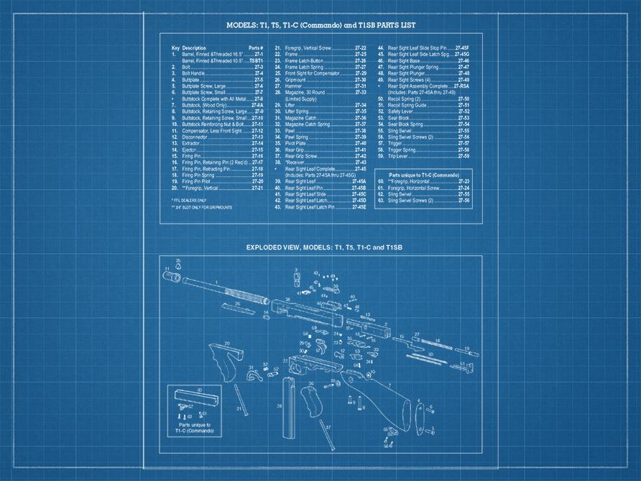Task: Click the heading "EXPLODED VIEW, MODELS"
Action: [x=324, y=247]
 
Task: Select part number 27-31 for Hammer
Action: [x=361, y=86]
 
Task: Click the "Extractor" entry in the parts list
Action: [x=190, y=143]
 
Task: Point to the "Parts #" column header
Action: [x=256, y=48]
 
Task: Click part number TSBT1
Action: [x=257, y=61]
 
